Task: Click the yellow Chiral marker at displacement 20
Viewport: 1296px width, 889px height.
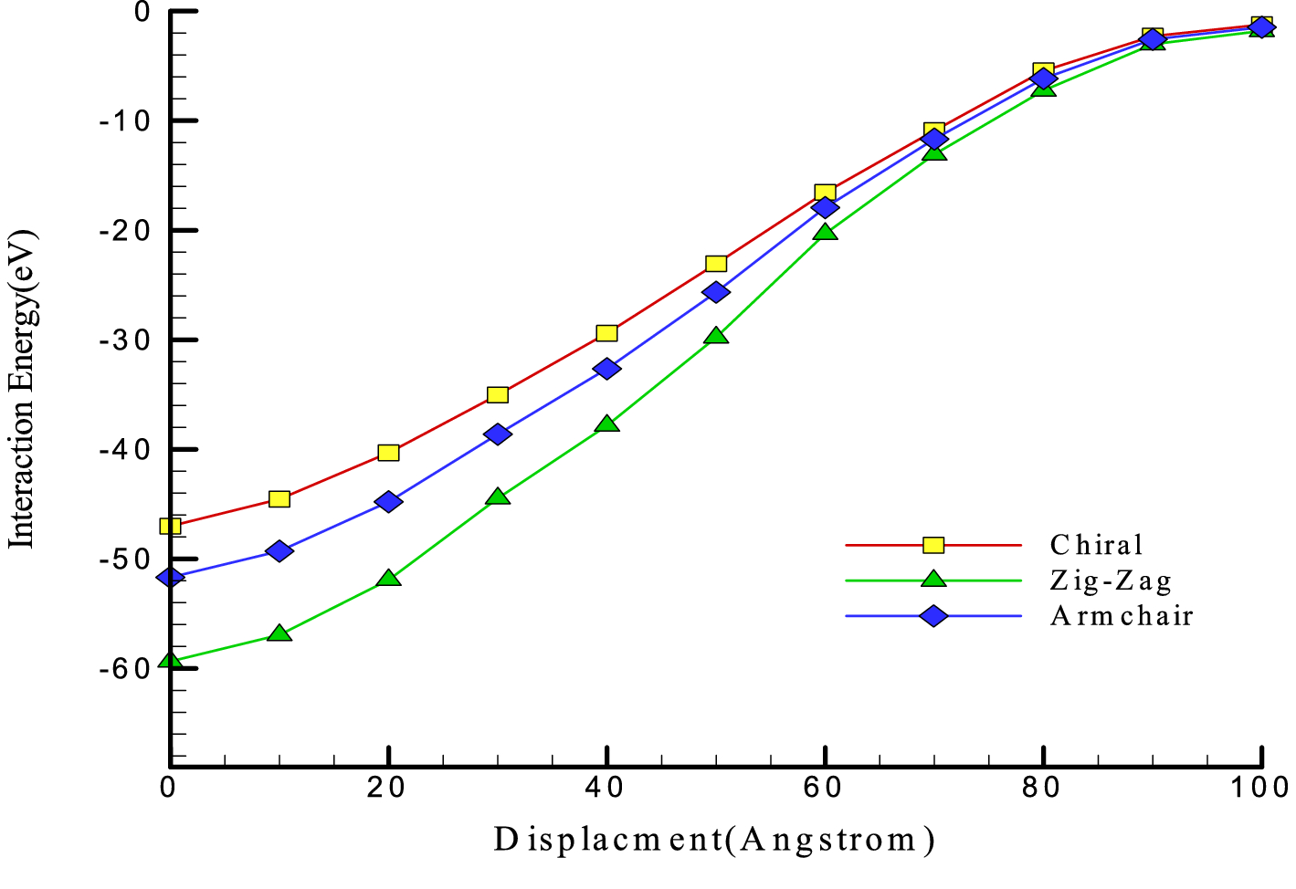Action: coord(388,453)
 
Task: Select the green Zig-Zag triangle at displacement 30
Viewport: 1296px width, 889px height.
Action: coord(498,497)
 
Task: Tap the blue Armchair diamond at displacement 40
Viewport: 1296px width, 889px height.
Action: coord(606,369)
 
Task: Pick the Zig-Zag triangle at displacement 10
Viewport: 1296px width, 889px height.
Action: coord(279,633)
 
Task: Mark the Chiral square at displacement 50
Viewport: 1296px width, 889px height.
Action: coord(716,264)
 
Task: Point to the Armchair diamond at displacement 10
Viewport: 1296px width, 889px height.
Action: coord(279,550)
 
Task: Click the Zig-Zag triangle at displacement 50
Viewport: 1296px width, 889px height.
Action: coord(716,336)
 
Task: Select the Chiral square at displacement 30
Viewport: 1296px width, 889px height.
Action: coord(498,394)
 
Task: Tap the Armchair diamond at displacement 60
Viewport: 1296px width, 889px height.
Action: coord(825,208)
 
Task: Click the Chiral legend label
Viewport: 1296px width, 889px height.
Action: coord(1096,545)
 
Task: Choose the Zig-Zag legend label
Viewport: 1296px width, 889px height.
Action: coord(1111,580)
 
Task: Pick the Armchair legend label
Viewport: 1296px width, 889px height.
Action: coord(1122,616)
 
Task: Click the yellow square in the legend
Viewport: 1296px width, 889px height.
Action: coord(933,545)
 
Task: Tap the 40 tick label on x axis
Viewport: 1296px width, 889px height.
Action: coord(606,788)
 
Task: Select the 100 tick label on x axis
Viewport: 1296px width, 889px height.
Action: coord(1259,788)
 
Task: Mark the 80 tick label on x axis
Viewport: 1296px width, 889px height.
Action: coord(1042,788)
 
